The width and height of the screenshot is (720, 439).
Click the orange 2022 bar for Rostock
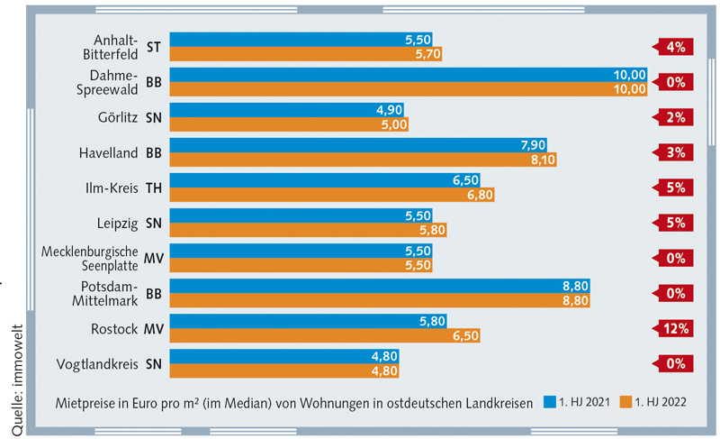tap(324, 335)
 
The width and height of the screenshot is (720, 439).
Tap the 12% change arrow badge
tap(676, 328)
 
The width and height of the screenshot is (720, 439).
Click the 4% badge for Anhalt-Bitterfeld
tap(676, 47)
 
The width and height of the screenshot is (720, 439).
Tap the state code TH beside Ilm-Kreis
tap(153, 187)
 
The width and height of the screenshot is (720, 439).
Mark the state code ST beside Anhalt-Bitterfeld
tap(153, 47)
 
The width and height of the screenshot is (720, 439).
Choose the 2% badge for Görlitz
tap(676, 117)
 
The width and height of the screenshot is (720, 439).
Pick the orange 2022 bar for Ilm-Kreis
tap(332, 195)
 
